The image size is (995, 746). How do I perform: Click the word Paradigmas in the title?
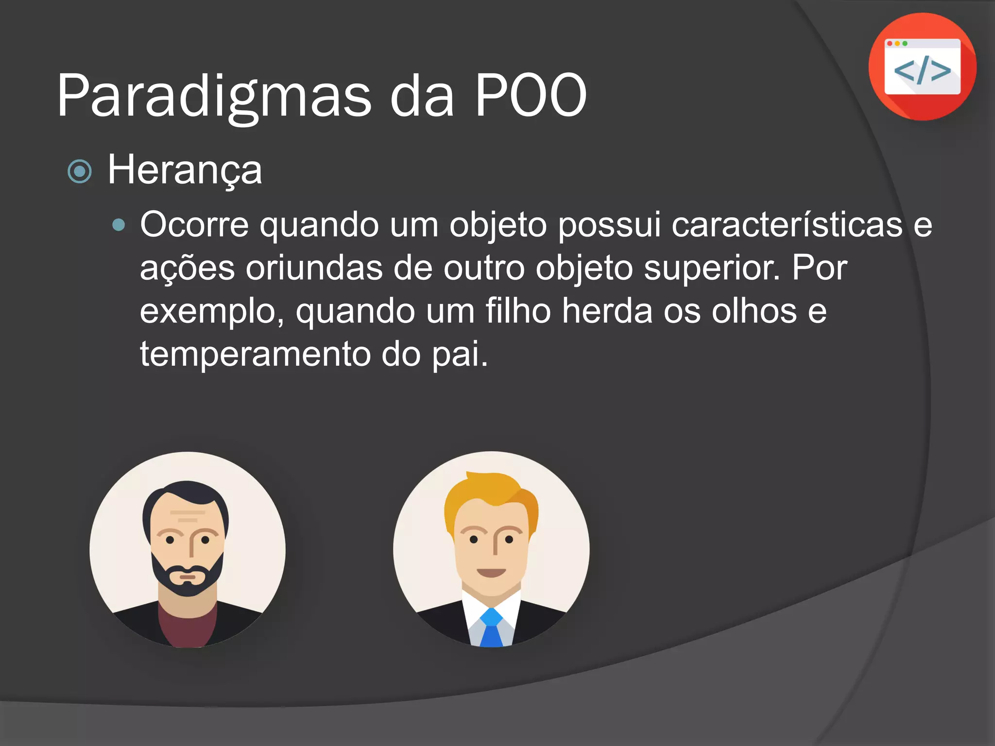tap(214, 96)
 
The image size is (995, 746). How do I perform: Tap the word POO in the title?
tap(531, 95)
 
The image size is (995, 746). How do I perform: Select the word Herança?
tap(185, 170)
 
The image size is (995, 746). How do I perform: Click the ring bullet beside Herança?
tap(80, 171)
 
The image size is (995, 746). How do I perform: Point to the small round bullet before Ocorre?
tap(119, 225)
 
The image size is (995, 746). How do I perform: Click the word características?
tap(787, 225)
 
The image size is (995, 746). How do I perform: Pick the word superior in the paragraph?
tap(711, 268)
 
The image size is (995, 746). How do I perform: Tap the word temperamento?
tap(256, 354)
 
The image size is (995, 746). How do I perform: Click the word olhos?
tap(754, 311)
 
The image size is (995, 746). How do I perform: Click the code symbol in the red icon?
tap(922, 70)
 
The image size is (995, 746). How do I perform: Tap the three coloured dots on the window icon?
tap(897, 44)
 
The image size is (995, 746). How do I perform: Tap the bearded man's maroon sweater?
tap(188, 629)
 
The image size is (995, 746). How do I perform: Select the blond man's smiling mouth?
tap(491, 572)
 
